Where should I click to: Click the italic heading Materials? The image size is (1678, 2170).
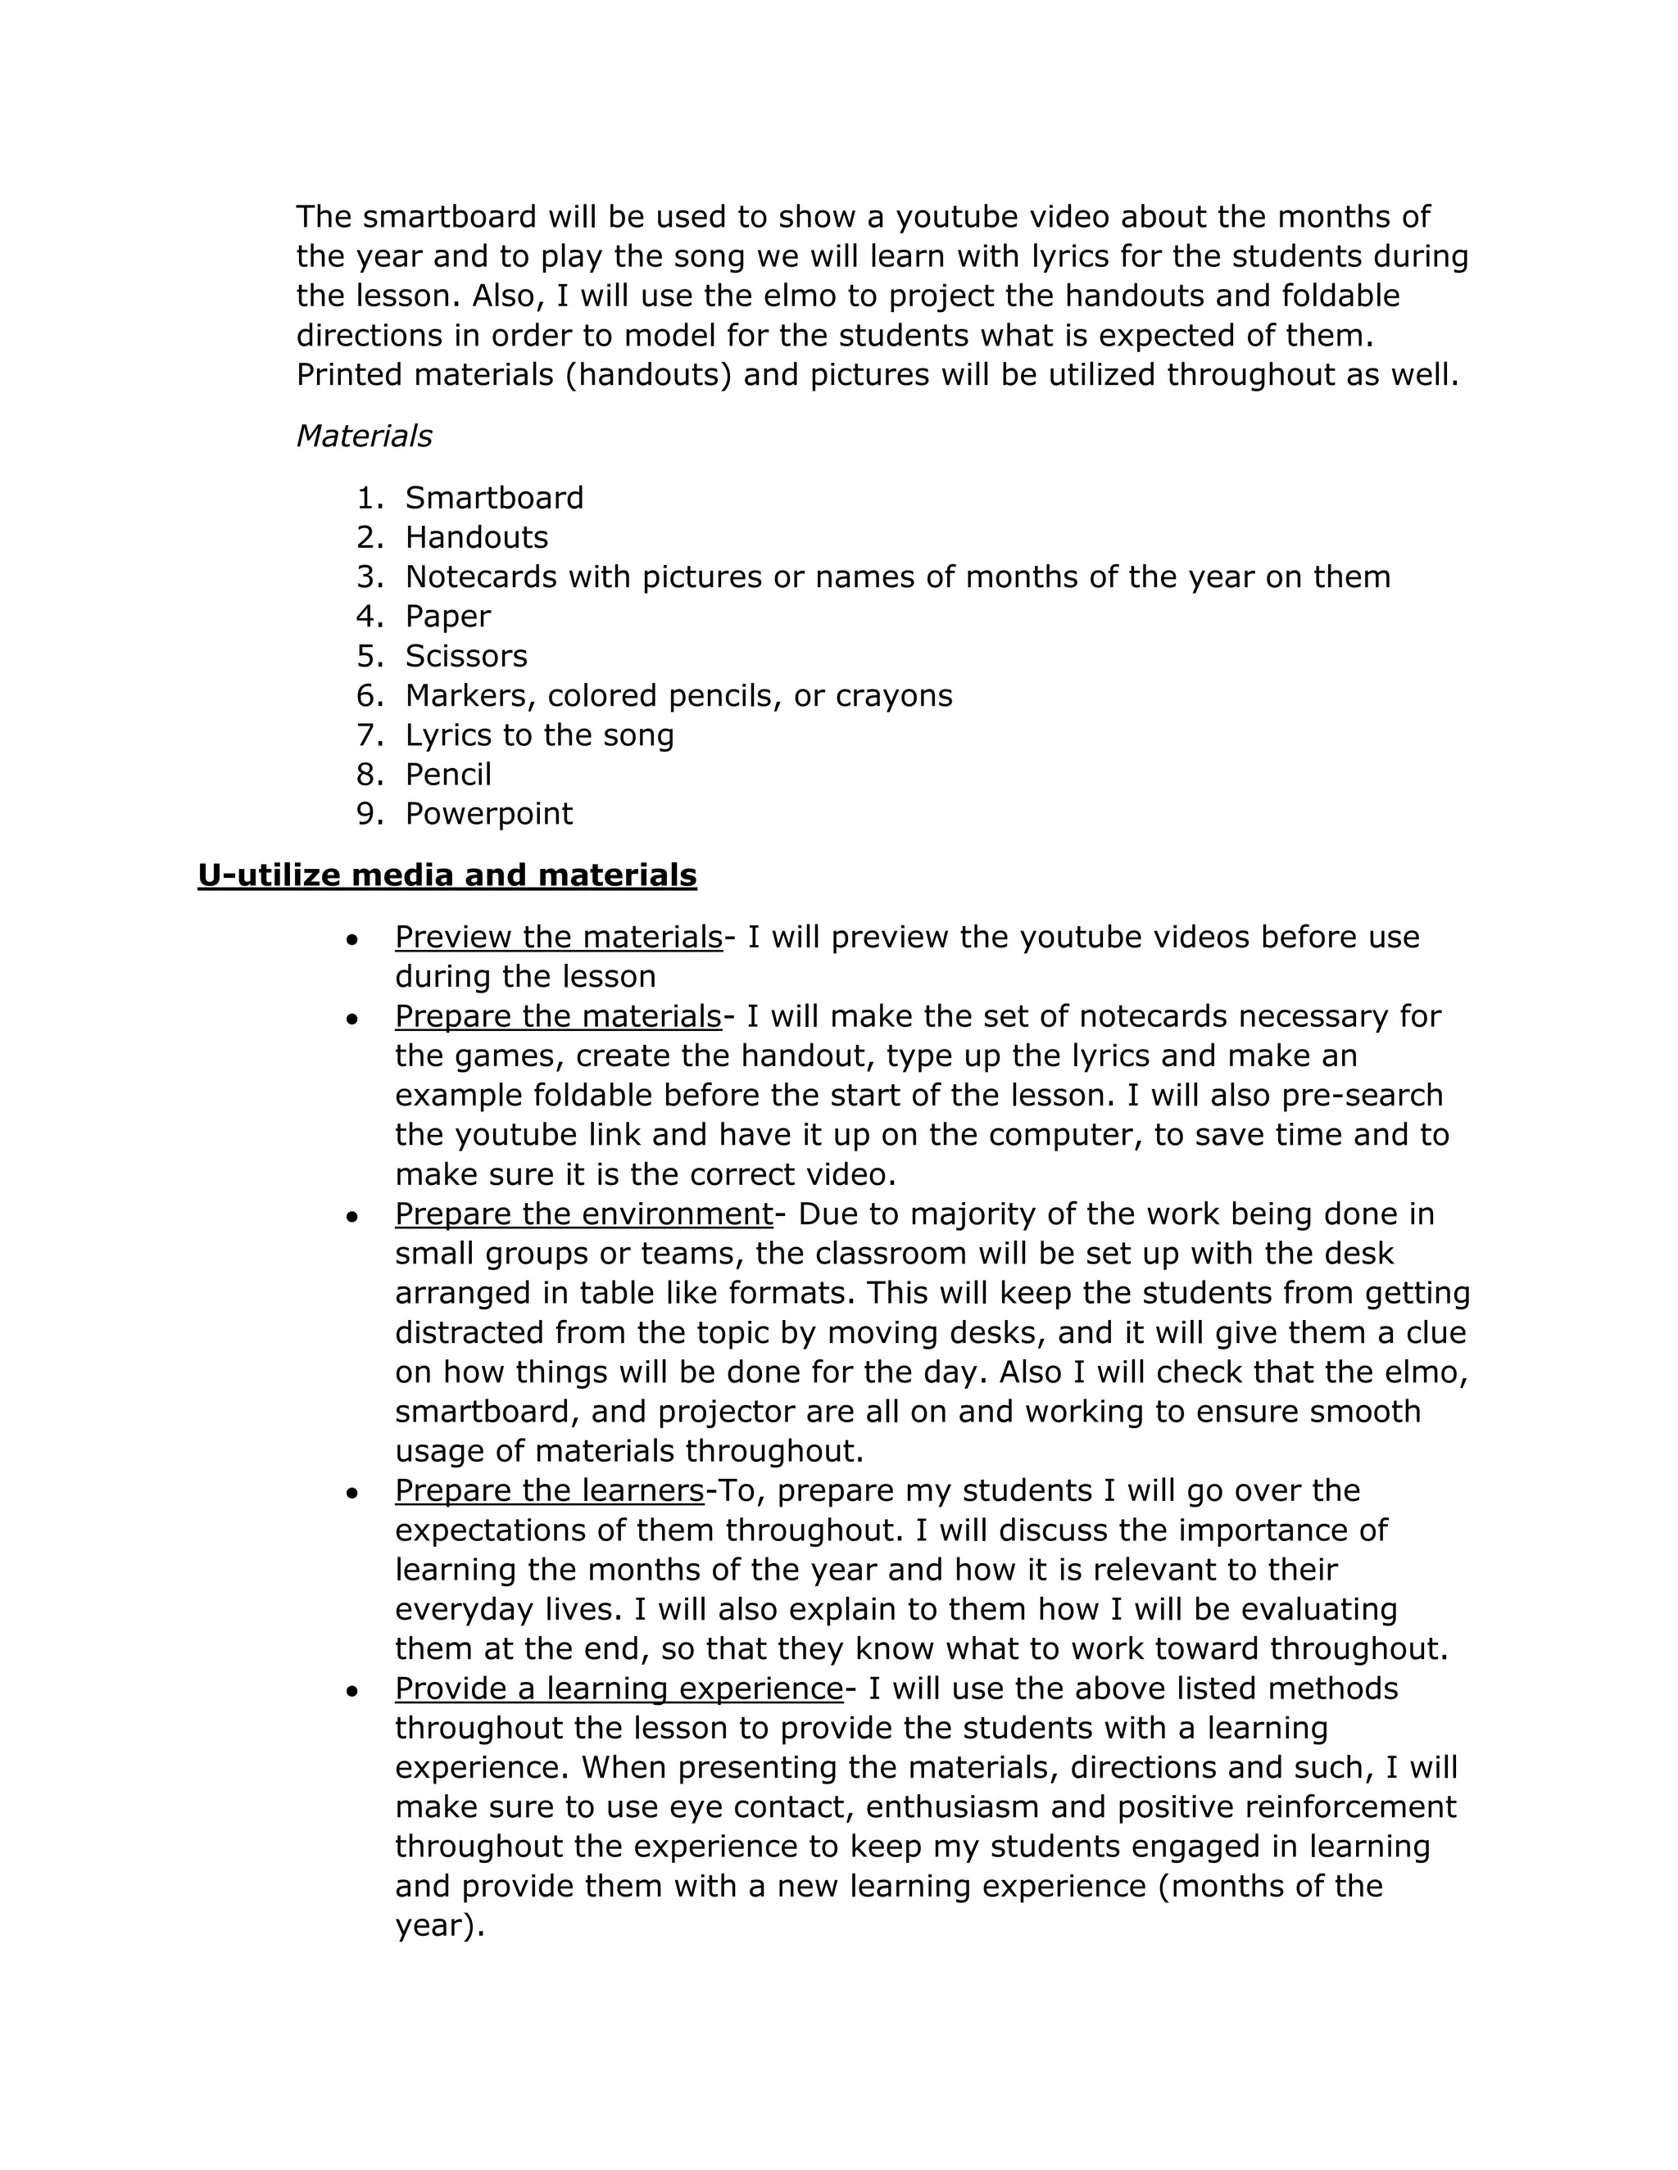(x=364, y=436)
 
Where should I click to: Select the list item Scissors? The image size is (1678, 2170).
(x=465, y=656)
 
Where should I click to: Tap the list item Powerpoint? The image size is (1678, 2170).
(x=488, y=814)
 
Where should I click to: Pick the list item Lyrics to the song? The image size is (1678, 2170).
(x=539, y=735)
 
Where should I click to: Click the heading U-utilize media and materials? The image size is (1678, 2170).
(x=447, y=875)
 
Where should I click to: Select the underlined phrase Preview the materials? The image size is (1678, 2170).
(x=558, y=937)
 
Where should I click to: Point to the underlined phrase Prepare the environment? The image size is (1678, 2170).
(x=583, y=1214)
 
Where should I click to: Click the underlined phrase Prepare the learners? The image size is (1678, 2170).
(x=549, y=1490)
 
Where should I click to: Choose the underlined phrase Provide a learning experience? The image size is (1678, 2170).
(x=619, y=1689)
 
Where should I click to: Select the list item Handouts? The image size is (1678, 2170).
(x=476, y=537)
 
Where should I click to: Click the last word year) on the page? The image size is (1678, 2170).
(x=438, y=1926)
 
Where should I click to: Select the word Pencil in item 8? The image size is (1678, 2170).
(x=447, y=774)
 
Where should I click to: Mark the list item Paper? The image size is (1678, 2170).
(x=447, y=616)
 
